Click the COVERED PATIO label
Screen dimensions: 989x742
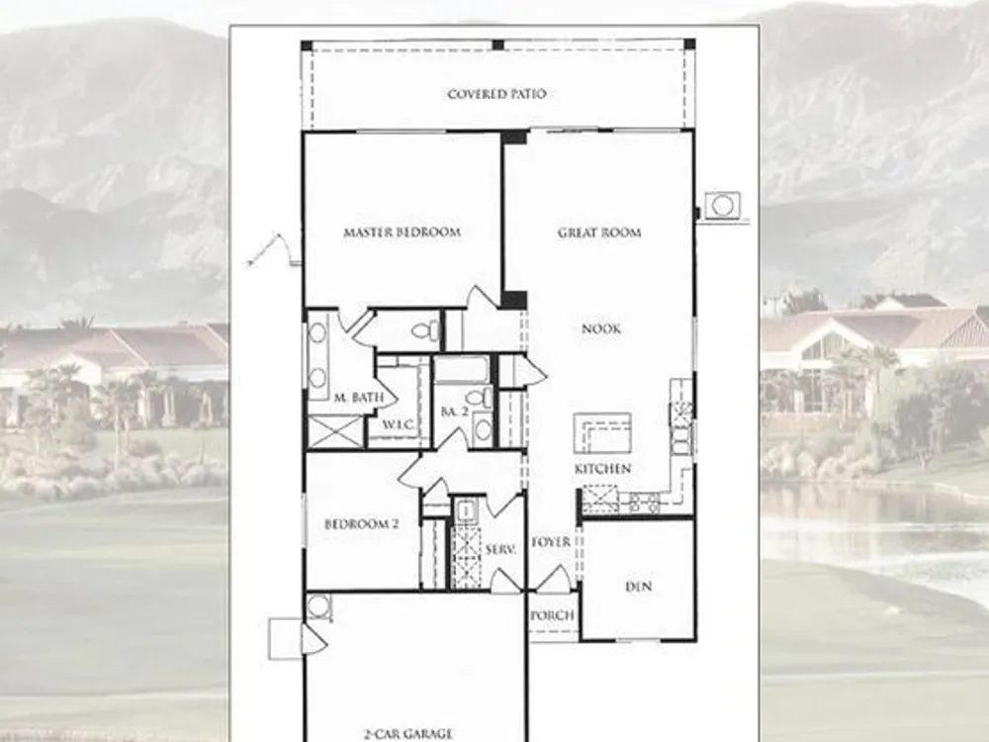point(497,94)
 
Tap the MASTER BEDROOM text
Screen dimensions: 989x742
point(402,232)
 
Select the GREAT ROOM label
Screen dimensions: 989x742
point(599,232)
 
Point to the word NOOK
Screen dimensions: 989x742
point(601,328)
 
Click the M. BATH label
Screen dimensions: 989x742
point(359,398)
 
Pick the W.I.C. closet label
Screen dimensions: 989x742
point(399,424)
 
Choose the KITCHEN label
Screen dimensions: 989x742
point(602,469)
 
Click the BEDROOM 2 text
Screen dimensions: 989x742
point(361,524)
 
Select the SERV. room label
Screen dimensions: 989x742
point(500,549)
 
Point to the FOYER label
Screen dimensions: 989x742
point(551,542)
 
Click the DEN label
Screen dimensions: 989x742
point(638,587)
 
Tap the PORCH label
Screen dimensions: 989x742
point(553,615)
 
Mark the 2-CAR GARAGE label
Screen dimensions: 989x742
point(408,734)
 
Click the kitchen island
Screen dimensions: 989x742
point(602,433)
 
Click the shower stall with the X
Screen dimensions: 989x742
point(335,432)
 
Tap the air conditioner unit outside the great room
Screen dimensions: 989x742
point(722,206)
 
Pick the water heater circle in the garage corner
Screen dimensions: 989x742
point(319,607)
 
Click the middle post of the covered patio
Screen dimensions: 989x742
point(497,45)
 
